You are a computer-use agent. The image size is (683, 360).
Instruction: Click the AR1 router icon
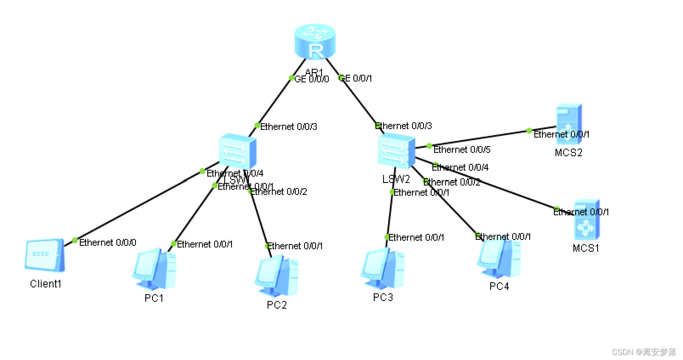click(315, 41)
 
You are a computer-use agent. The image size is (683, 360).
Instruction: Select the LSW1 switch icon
click(237, 152)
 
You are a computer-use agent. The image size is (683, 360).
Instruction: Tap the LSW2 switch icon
click(396, 151)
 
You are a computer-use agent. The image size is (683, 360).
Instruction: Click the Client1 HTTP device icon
click(45, 255)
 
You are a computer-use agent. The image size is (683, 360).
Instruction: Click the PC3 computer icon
click(383, 269)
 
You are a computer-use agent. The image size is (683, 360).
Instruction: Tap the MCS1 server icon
click(587, 220)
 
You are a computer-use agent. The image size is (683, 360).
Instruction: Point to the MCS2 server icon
click(569, 124)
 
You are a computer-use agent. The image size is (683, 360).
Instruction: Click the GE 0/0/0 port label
click(312, 79)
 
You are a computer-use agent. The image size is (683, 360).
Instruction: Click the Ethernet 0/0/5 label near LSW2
click(462, 149)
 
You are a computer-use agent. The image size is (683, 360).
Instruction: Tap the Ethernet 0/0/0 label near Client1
click(107, 242)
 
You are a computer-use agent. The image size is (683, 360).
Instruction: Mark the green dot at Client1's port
click(75, 241)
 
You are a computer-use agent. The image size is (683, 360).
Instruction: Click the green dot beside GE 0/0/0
click(291, 78)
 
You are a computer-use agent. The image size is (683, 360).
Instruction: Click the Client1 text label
click(45, 284)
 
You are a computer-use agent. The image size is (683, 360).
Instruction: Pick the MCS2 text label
click(568, 152)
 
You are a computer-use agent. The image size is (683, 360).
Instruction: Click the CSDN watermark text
click(644, 352)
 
